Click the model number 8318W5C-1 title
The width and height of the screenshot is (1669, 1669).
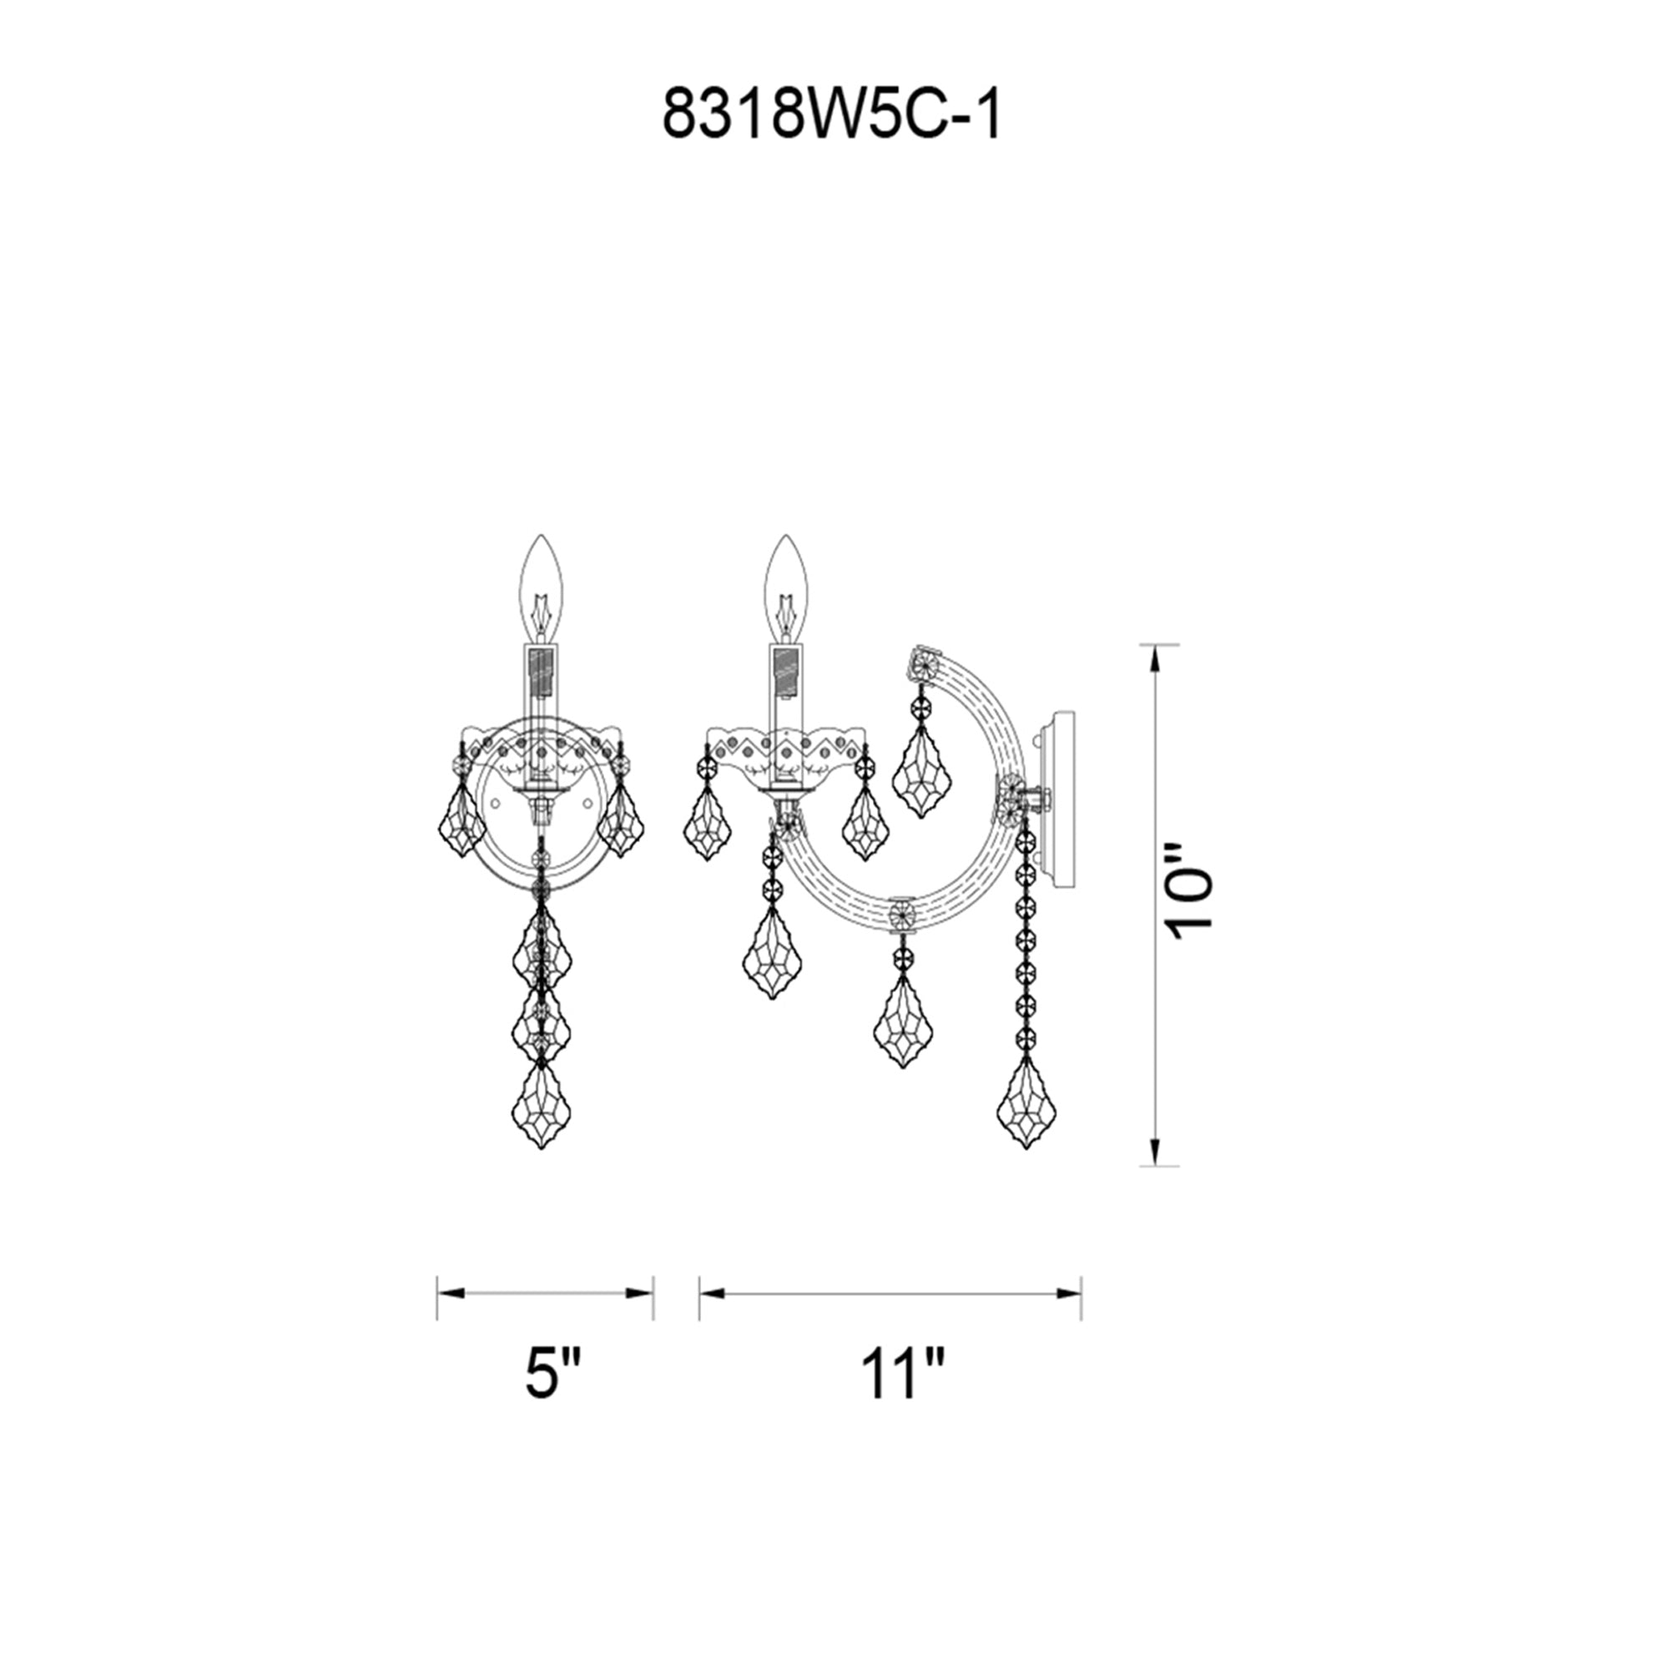(x=832, y=114)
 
